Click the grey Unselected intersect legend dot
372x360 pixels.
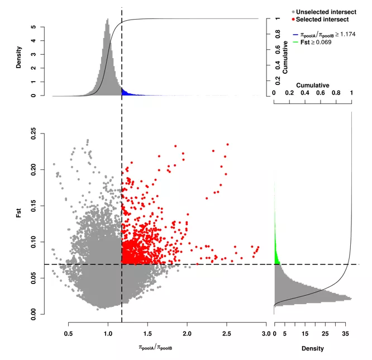point(293,11)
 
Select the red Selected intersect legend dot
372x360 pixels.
point(293,20)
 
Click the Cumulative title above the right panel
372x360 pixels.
point(312,84)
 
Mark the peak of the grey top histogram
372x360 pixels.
point(107,20)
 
